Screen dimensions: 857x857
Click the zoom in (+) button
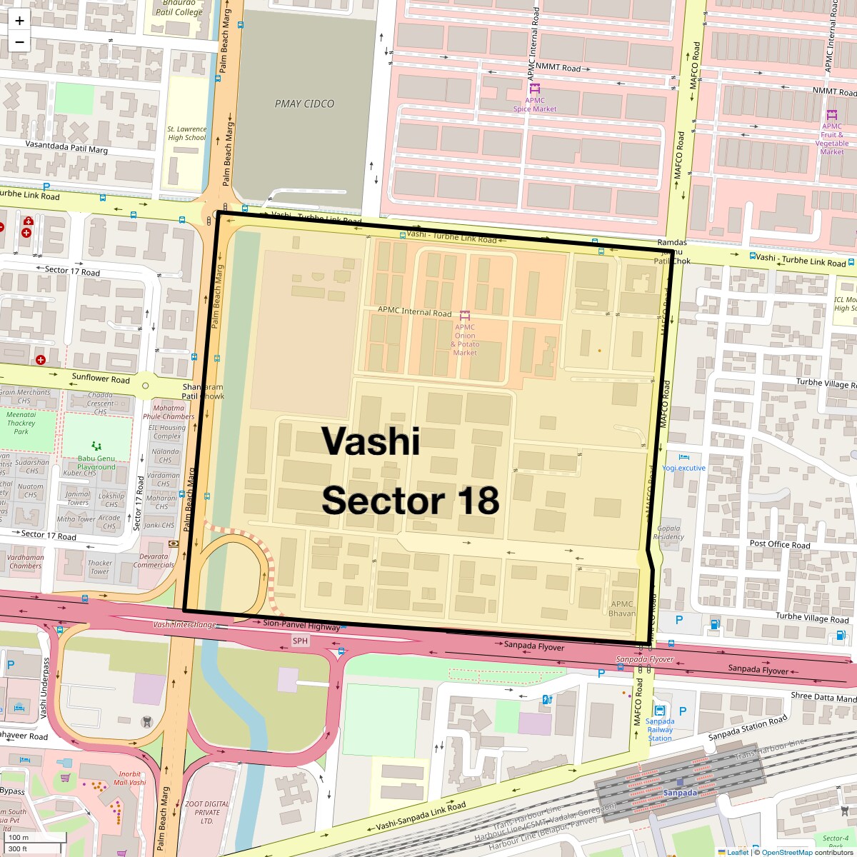(19, 20)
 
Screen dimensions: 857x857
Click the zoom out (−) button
(19, 41)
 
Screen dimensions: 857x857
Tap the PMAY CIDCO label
(304, 104)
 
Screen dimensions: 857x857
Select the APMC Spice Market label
(535, 104)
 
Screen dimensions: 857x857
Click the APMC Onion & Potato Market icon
(465, 315)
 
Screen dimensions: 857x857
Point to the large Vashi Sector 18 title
(410, 471)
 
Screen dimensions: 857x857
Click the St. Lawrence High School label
(186, 134)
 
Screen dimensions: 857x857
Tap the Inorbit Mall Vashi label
(129, 778)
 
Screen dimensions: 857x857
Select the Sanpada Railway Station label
(660, 729)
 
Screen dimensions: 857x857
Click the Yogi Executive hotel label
(683, 468)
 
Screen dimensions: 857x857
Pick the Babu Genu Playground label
(96, 463)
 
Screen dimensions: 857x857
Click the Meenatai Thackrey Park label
(21, 423)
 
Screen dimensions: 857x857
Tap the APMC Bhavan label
(622, 608)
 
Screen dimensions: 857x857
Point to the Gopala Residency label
(668, 532)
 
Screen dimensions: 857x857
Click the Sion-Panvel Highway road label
(301, 626)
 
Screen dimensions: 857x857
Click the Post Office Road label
(780, 544)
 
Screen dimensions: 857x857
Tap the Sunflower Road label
(101, 379)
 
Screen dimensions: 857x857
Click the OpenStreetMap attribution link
(786, 852)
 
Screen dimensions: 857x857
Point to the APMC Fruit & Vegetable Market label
(832, 139)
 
